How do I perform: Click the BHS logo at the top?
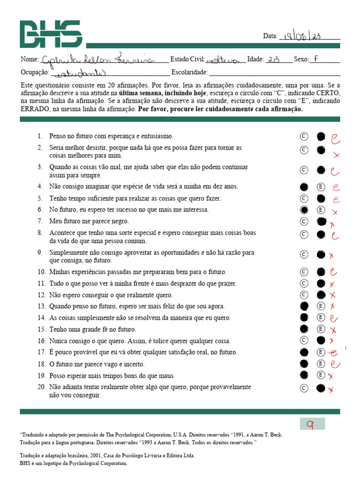pyautogui.click(x=51, y=34)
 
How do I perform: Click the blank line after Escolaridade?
pyautogui.click(x=274, y=73)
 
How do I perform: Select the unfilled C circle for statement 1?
pyautogui.click(x=304, y=136)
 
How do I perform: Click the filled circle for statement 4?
pyautogui.click(x=304, y=187)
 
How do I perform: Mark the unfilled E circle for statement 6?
pyautogui.click(x=321, y=210)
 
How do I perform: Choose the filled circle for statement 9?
pyautogui.click(x=321, y=255)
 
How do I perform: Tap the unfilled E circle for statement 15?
pyautogui.click(x=321, y=329)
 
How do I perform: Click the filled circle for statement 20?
pyautogui.click(x=321, y=388)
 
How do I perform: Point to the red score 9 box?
pyautogui.click(x=312, y=424)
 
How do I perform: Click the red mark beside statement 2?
pyautogui.click(x=336, y=155)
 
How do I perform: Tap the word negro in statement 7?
pyautogui.click(x=120, y=221)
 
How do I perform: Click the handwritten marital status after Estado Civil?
pyautogui.click(x=226, y=60)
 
